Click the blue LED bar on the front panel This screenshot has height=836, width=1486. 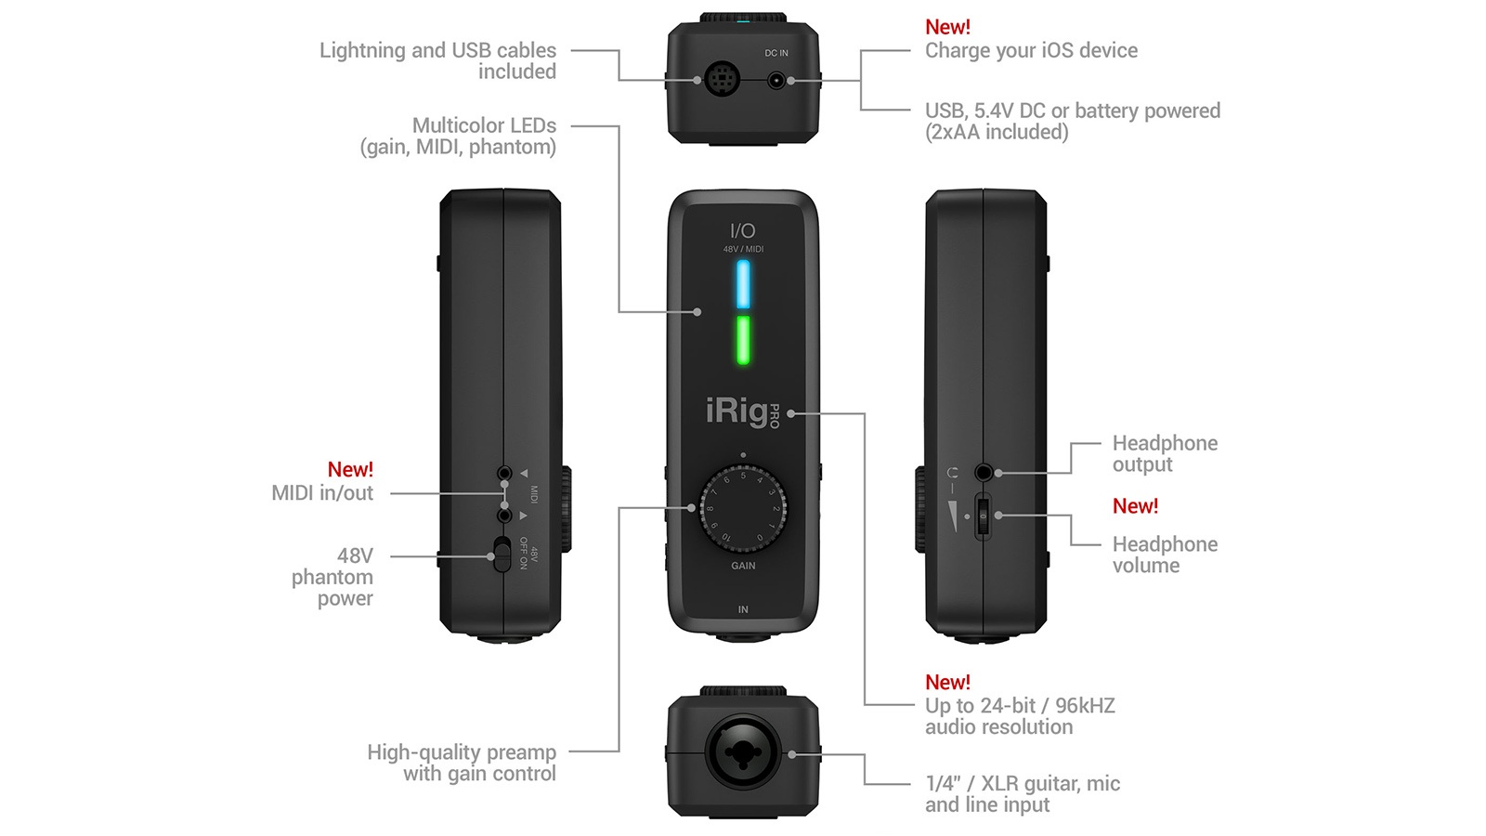coord(743,284)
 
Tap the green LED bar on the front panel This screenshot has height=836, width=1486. coord(743,340)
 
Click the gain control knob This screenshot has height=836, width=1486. coord(743,508)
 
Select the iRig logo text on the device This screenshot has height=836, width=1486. coord(737,411)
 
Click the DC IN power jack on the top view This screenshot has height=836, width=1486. coord(775,81)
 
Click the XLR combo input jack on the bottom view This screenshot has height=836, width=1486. coord(743,753)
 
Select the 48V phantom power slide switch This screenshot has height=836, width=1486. coord(502,555)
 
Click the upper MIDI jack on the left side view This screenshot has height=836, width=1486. coord(504,473)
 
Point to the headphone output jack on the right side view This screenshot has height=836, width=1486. coord(984,472)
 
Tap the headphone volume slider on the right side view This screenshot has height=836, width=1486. coord(984,516)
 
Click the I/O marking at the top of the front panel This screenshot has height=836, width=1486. coord(742,230)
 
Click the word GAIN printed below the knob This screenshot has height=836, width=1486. coord(743,566)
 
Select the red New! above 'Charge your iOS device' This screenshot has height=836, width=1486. coord(947,28)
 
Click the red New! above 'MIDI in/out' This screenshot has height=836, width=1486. coord(350,470)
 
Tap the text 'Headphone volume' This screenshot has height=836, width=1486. coord(1165,555)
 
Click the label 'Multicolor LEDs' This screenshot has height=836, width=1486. coord(484,125)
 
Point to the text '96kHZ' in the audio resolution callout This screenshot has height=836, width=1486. coord(1085,706)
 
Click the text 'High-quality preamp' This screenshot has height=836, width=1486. coord(462,752)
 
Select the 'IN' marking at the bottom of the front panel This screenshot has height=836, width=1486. coord(743,609)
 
